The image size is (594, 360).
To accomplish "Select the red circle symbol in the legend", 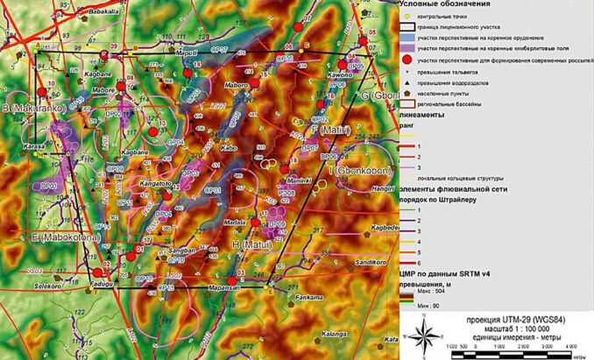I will [x=405, y=62].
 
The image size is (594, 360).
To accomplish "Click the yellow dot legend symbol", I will [x=405, y=17].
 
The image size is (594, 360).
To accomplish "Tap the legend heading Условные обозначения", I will [x=453, y=4].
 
